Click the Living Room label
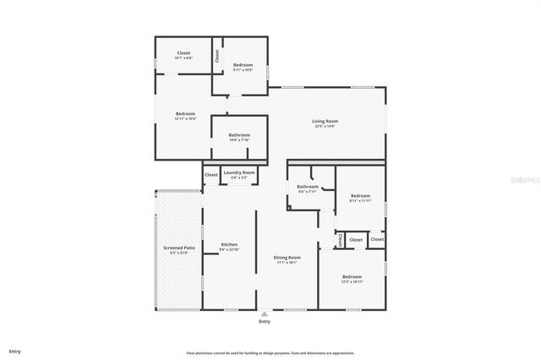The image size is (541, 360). tap(325, 122)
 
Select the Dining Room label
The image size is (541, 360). tap(287, 257)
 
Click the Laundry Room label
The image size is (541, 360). tap(238, 173)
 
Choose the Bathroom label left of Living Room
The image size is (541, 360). tap(239, 135)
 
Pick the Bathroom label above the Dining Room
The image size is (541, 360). tap(307, 186)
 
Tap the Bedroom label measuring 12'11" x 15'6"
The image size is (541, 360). tap(185, 114)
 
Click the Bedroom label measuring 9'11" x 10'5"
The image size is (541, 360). tap(243, 65)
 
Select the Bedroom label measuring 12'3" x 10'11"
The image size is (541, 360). tap(352, 276)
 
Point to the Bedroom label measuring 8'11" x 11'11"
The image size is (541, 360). tap(360, 195)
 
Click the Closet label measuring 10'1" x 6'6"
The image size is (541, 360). tap(183, 53)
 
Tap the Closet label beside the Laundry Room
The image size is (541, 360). tap(211, 175)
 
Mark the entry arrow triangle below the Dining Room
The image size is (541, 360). tap(264, 314)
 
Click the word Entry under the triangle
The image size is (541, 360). tap(264, 322)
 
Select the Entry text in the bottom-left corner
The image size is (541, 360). tap(14, 351)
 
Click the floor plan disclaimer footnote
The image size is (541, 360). tap(270, 353)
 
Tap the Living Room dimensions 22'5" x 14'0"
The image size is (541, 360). tap(325, 127)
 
